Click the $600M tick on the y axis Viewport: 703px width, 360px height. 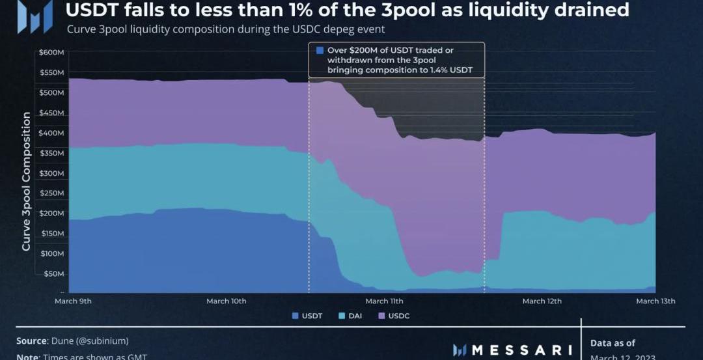[51, 52]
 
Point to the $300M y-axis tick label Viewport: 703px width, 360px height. [51, 173]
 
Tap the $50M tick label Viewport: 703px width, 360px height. [53, 274]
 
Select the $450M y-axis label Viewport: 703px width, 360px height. [51, 113]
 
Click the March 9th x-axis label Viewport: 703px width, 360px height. [73, 301]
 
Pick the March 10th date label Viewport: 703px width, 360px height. [227, 301]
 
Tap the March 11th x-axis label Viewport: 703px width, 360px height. [384, 301]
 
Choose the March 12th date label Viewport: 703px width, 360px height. [542, 301]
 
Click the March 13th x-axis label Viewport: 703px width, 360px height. [655, 301]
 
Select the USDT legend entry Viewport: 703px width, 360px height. [307, 316]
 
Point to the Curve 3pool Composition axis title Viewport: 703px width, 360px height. [26, 181]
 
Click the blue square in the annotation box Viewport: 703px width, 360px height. [320, 51]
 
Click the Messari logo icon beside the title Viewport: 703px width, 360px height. [35, 16]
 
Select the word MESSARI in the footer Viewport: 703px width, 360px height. [521, 350]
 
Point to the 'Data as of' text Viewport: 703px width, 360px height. [613, 343]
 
